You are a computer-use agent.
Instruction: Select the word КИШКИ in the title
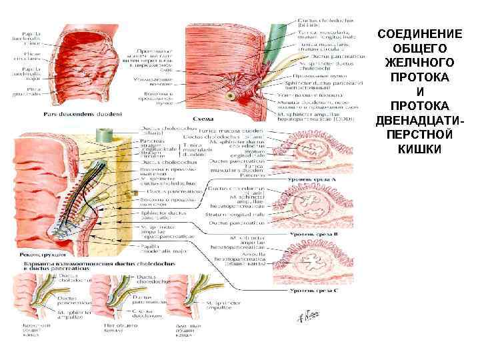[419, 148]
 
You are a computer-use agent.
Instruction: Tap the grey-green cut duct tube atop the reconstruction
[103, 135]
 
